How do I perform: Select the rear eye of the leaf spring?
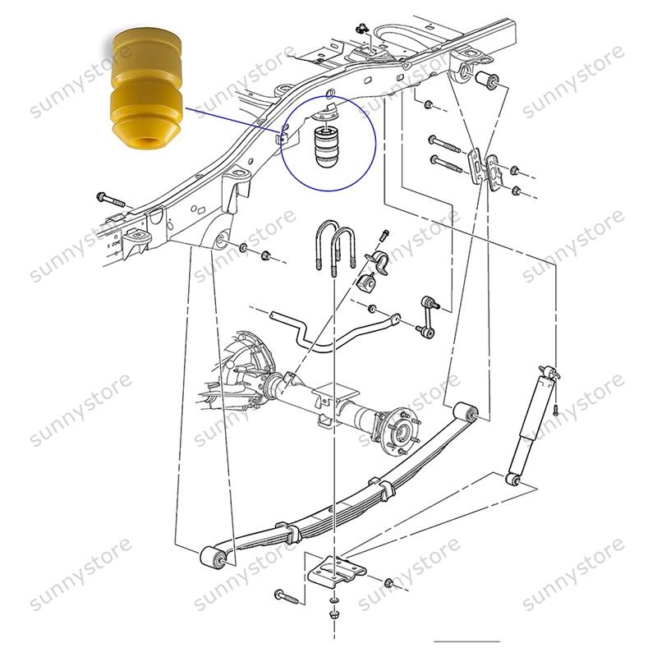pyautogui.click(x=468, y=410)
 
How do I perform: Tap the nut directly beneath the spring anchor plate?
pyautogui.click(x=333, y=613)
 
